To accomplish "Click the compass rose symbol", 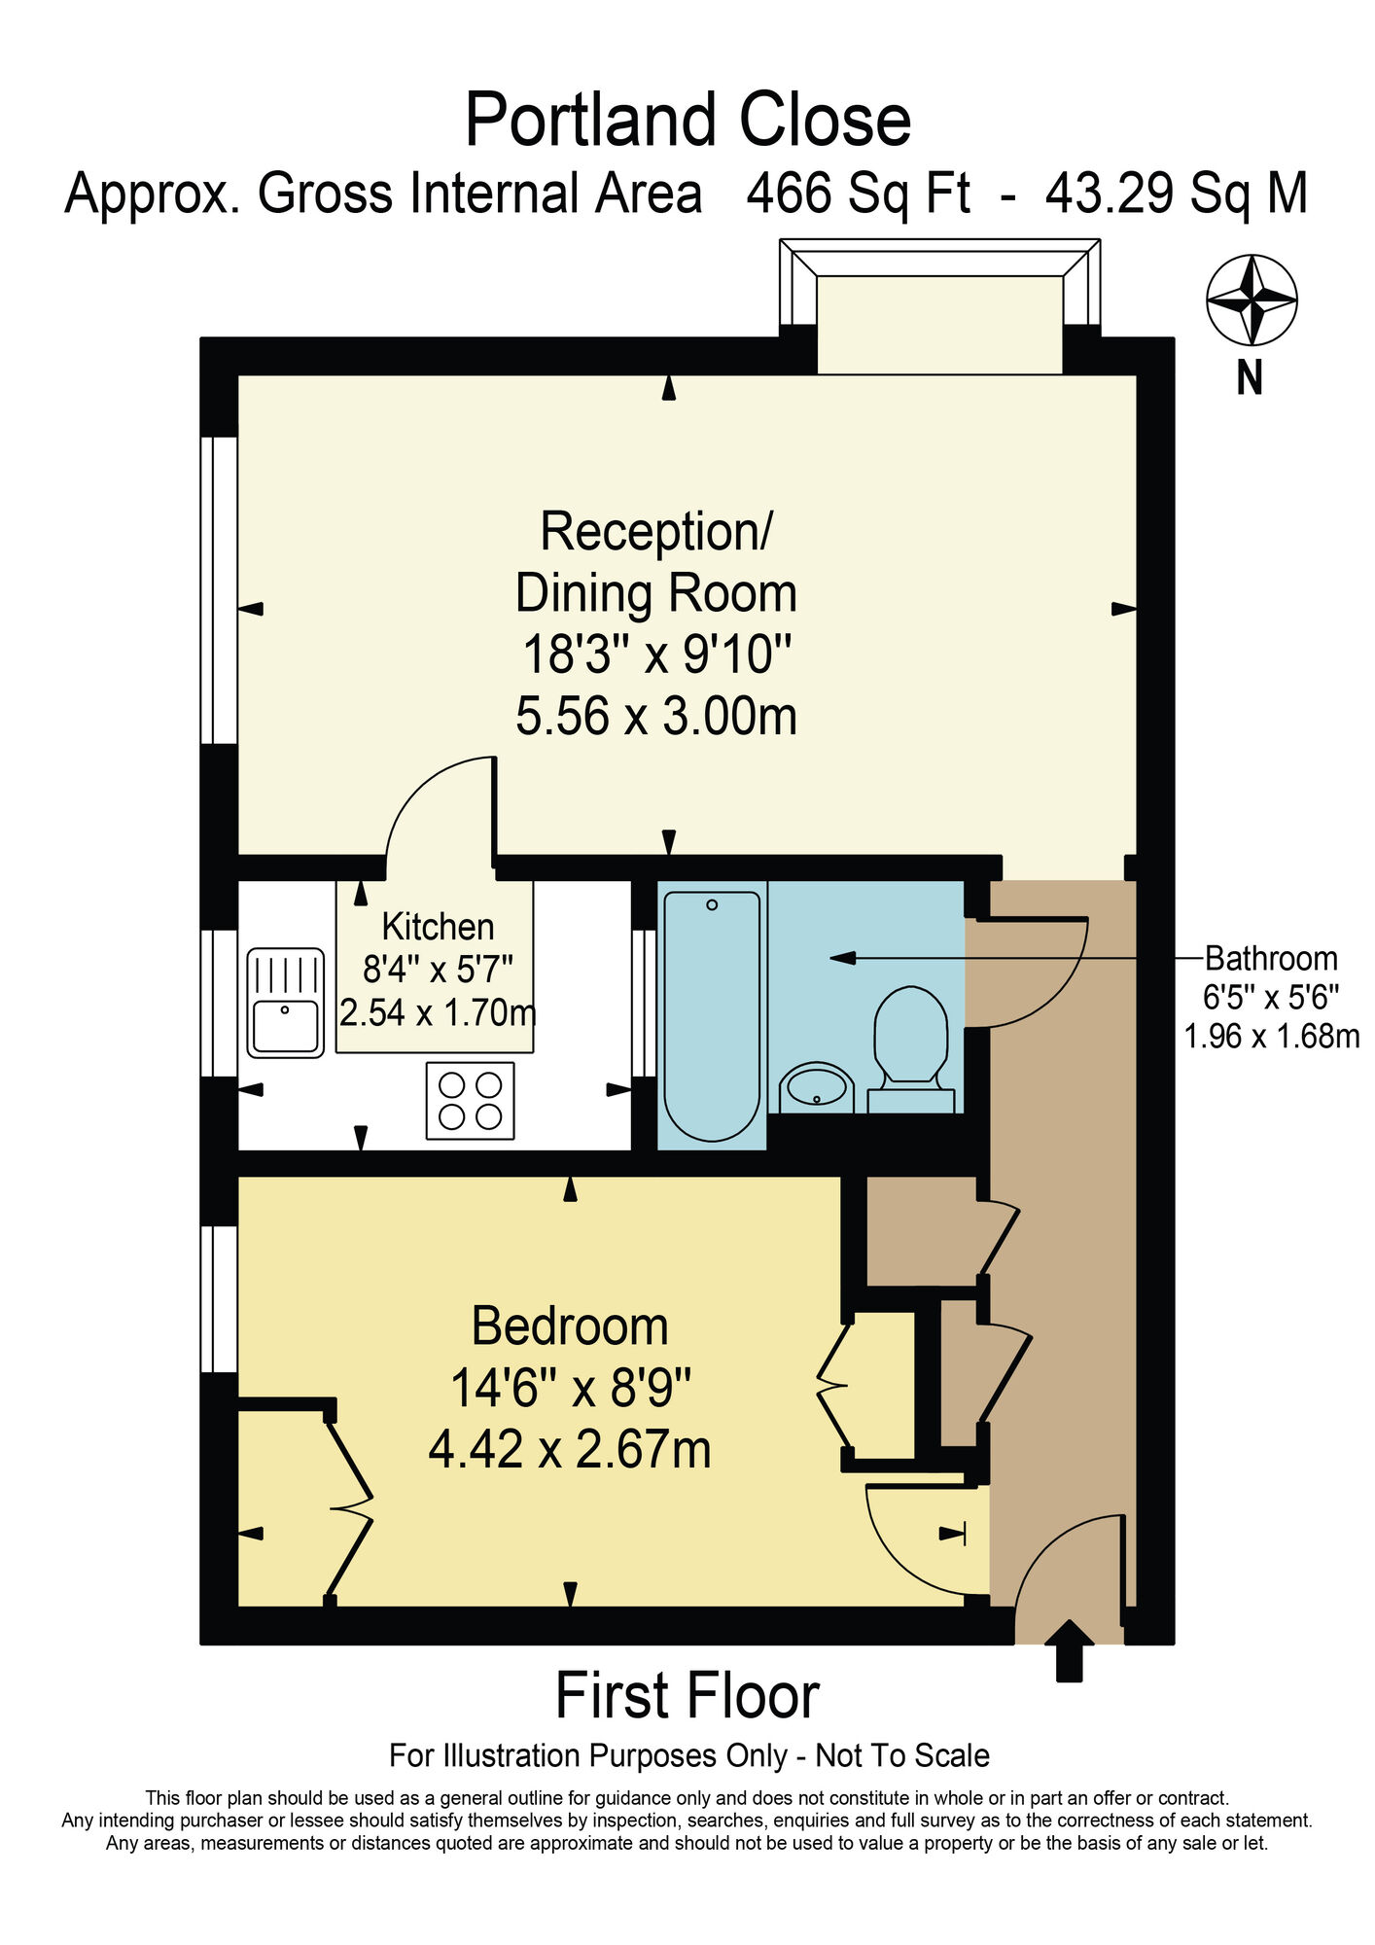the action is (x=1252, y=300).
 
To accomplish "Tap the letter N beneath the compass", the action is (x=1250, y=377).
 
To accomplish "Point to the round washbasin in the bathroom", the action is (x=817, y=1087).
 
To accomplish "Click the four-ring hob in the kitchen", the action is (x=471, y=1100).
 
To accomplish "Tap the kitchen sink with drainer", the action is (x=285, y=1003).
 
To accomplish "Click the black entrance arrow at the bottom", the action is (x=1069, y=1649).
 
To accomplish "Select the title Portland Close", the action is (x=687, y=120).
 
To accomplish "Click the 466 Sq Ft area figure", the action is (x=858, y=193).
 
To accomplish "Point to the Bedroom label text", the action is (x=570, y=1326).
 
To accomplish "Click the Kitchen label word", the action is (x=438, y=927).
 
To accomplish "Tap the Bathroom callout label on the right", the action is (x=1271, y=959).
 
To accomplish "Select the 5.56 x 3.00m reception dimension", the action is (x=656, y=717).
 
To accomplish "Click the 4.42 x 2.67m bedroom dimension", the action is (x=570, y=1450).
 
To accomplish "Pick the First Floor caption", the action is (x=687, y=1696).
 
